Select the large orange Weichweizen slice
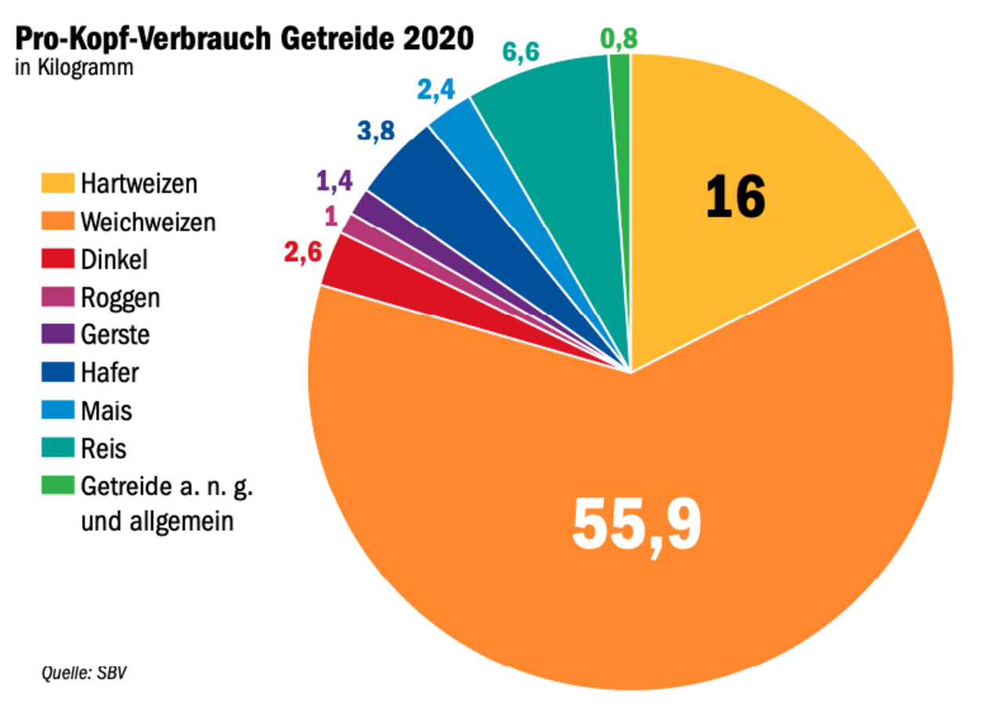[x=626, y=509]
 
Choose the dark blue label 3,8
[x=376, y=131]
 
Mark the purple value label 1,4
[x=335, y=182]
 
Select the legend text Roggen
[x=119, y=298]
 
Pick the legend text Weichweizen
[x=147, y=222]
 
